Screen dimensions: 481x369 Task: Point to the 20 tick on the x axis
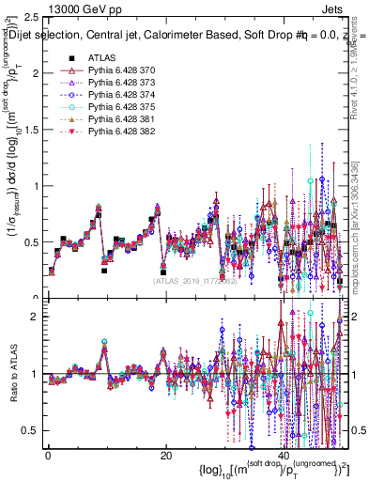(x=166, y=457)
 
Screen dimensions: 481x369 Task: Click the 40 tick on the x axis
(x=284, y=457)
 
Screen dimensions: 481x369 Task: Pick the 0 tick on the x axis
(x=48, y=457)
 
